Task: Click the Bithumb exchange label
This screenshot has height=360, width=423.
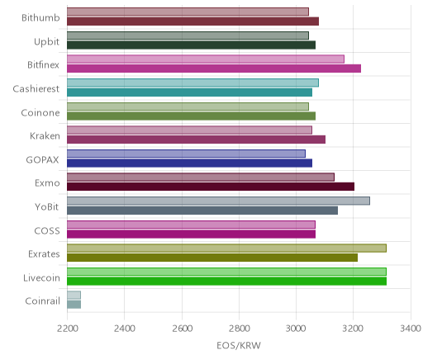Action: click(x=40, y=17)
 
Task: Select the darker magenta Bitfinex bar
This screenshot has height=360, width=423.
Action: click(x=214, y=69)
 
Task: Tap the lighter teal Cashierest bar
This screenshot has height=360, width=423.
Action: click(x=192, y=83)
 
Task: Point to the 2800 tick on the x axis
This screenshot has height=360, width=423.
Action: click(x=239, y=328)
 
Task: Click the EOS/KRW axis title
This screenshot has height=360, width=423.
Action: click(x=239, y=345)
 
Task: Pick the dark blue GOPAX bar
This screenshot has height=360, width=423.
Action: click(x=189, y=163)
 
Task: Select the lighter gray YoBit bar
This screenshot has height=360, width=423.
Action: click(x=218, y=201)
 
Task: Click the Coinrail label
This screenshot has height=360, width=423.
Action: click(x=42, y=301)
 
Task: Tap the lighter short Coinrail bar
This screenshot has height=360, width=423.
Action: click(x=74, y=295)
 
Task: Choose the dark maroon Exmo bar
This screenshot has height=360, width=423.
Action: click(x=211, y=187)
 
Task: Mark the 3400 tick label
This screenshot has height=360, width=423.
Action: click(x=411, y=328)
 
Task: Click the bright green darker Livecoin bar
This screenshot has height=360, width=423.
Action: click(x=226, y=282)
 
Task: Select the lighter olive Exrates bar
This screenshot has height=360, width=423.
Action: click(x=226, y=249)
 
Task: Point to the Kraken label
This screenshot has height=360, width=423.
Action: click(x=45, y=136)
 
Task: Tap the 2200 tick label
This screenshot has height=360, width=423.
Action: click(x=67, y=328)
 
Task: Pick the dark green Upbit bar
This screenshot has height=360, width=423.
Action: click(x=191, y=45)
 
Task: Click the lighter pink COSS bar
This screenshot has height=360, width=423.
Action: click(x=191, y=225)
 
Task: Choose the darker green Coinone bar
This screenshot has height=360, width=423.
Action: click(x=191, y=116)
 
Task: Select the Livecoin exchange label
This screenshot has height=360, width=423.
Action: click(x=41, y=277)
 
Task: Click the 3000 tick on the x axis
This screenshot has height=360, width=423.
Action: click(x=296, y=328)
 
